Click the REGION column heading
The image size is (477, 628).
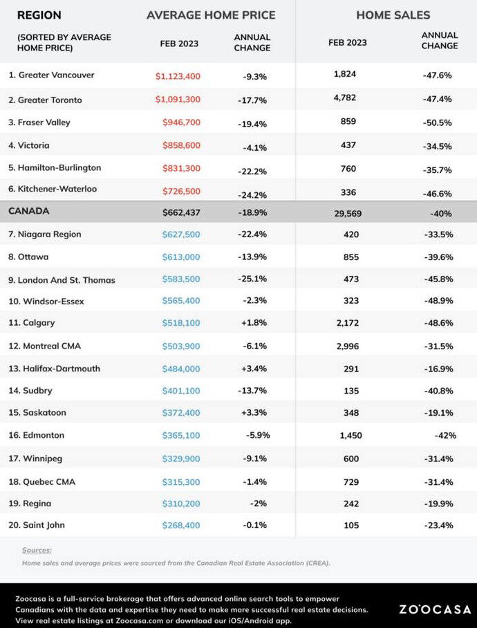click(x=39, y=15)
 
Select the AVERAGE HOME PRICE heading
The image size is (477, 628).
click(x=211, y=15)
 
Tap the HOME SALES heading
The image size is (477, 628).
click(x=393, y=15)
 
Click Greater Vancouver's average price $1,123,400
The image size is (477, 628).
click(x=178, y=76)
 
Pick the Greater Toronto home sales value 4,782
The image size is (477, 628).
click(x=344, y=98)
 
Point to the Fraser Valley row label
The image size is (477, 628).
click(x=39, y=122)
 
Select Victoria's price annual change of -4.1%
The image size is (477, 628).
click(x=254, y=147)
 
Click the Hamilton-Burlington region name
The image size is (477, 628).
click(x=55, y=168)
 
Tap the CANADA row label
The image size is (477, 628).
click(x=29, y=211)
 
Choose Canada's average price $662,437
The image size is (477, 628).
click(x=181, y=212)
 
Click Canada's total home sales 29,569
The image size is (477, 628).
click(x=348, y=214)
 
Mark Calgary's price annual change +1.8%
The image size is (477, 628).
click(x=254, y=322)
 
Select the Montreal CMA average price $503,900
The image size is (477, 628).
click(x=181, y=346)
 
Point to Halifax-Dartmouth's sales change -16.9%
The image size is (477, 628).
click(x=438, y=369)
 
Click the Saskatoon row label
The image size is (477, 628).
click(x=37, y=412)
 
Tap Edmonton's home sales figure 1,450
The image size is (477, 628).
click(x=351, y=435)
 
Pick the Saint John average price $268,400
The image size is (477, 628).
click(x=181, y=525)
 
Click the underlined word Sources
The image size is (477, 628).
click(x=37, y=551)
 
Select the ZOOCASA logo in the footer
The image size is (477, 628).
click(x=435, y=609)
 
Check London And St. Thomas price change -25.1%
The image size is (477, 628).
click(x=252, y=279)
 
